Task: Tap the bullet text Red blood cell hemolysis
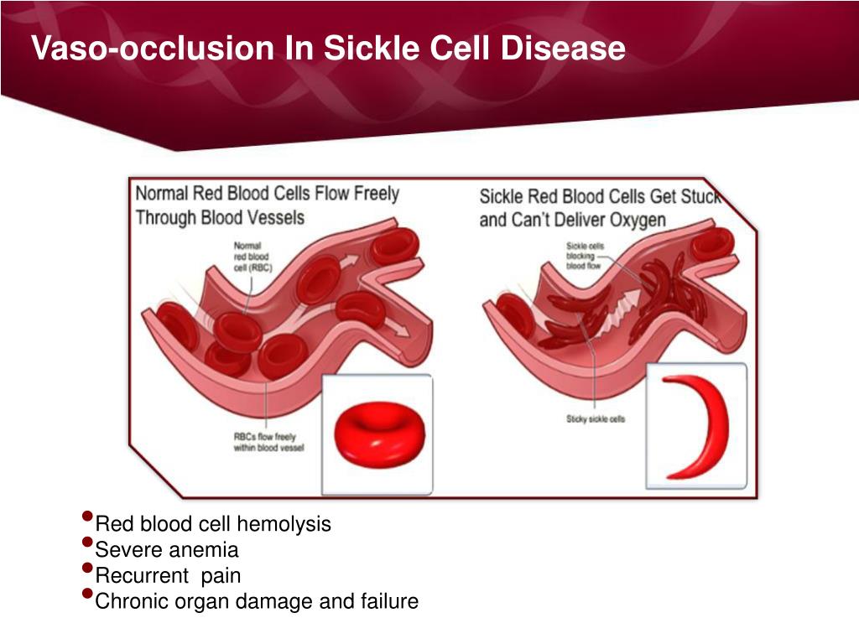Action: point(213,525)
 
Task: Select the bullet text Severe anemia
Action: point(167,550)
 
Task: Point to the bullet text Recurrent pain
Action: point(168,576)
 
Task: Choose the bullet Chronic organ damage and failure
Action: point(257,601)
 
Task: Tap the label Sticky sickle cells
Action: point(595,419)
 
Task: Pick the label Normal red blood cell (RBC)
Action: point(250,255)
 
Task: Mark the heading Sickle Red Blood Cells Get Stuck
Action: point(599,197)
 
